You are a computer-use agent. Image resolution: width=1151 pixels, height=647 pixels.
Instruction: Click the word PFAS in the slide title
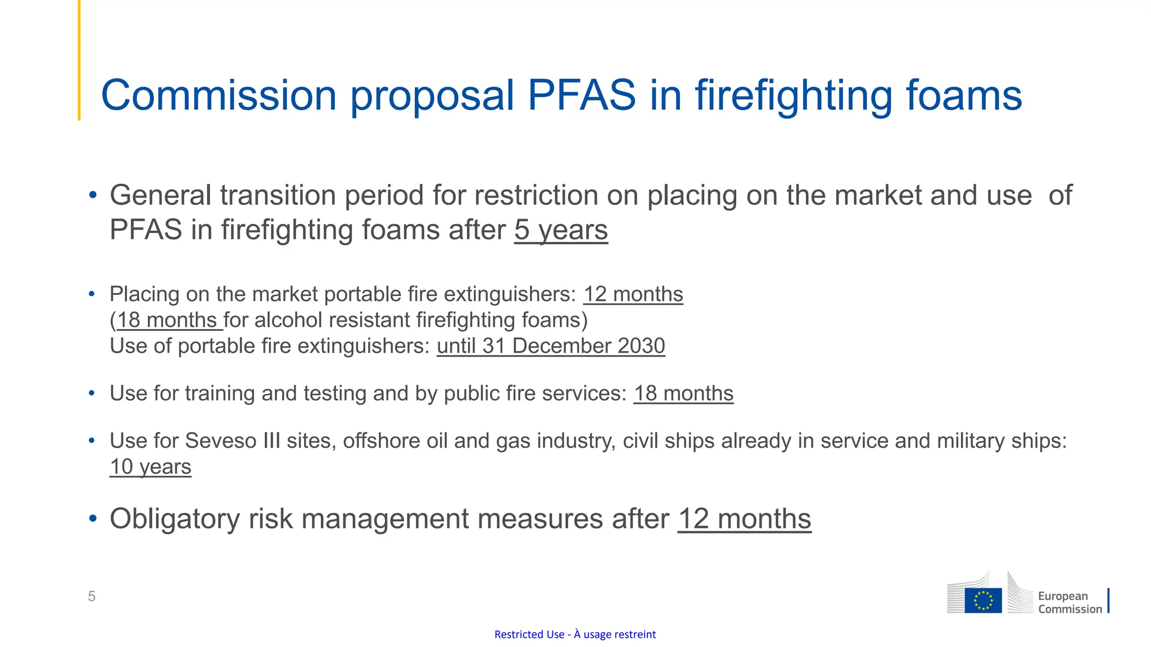[x=582, y=95]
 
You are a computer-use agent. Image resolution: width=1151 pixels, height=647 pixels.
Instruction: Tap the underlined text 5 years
[x=561, y=230]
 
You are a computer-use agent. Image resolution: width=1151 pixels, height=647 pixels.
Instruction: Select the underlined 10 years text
[x=150, y=467]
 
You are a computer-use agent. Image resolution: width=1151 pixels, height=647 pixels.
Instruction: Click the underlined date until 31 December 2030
[x=551, y=346]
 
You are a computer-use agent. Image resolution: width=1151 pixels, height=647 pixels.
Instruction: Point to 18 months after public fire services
[x=683, y=394]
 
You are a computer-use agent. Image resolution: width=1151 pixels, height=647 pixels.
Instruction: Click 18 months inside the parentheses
[x=167, y=320]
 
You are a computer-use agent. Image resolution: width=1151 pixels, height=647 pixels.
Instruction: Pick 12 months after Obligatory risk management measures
[x=744, y=519]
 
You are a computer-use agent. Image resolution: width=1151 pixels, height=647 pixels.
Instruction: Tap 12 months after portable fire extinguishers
[x=633, y=294]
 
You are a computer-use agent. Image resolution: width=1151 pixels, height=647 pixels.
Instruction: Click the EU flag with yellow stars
[x=983, y=600]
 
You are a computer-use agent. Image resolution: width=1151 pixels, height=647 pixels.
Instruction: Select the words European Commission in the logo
[x=1069, y=603]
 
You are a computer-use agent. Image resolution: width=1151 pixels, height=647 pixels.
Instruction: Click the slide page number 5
[x=92, y=596]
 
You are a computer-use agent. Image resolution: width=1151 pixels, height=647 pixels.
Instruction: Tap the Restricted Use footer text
[x=575, y=635]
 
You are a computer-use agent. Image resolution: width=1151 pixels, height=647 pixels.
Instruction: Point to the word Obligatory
[x=174, y=519]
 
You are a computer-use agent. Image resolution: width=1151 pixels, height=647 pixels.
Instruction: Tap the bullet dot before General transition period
[x=93, y=195]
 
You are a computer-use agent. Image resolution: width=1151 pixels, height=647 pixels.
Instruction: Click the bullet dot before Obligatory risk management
[x=93, y=518]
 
